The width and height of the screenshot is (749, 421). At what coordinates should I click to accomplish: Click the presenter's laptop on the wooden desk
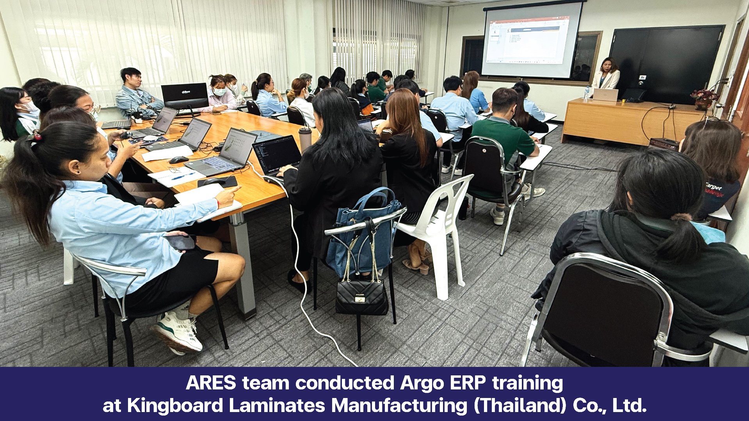pyautogui.click(x=605, y=95)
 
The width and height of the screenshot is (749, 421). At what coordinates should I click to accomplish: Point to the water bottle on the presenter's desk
pyautogui.click(x=586, y=93)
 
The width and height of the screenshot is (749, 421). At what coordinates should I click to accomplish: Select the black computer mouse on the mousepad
pyautogui.click(x=214, y=181)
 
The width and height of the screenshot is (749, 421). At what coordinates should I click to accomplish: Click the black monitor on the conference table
pyautogui.click(x=185, y=96)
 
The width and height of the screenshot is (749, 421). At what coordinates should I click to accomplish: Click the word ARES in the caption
pyautogui.click(x=211, y=383)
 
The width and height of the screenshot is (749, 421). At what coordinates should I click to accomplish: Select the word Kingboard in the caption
pyautogui.click(x=174, y=406)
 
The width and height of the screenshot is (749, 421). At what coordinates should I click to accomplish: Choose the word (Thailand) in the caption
pyautogui.click(x=520, y=406)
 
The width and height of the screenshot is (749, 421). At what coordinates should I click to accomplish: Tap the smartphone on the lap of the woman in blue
pyautogui.click(x=181, y=242)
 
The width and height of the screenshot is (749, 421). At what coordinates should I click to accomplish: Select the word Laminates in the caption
pyautogui.click(x=277, y=406)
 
